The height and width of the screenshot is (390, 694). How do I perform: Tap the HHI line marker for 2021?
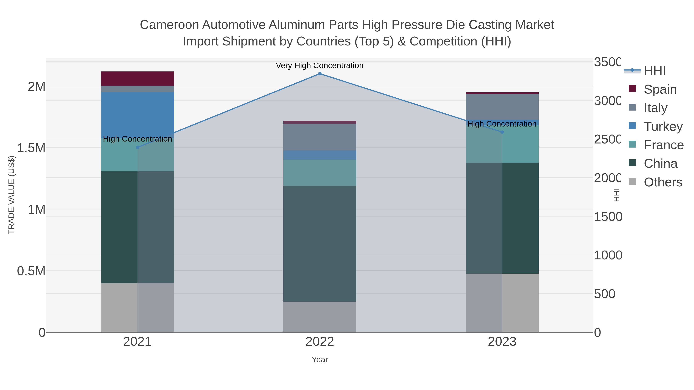click(137, 148)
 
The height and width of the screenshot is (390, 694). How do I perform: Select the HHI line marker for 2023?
click(502, 132)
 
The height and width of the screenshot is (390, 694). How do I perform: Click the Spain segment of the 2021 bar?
click(137, 79)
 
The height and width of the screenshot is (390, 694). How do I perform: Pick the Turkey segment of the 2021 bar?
click(137, 114)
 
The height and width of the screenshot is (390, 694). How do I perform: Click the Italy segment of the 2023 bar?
click(502, 107)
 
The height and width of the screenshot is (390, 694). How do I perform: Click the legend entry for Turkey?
click(663, 127)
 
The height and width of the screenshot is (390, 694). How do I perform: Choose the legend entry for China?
click(660, 164)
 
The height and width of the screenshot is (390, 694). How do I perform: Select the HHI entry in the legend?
click(655, 71)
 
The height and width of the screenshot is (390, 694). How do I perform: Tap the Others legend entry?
click(663, 182)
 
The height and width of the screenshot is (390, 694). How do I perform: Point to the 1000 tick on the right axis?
click(608, 255)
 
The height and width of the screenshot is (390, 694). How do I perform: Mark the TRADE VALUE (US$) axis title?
click(11, 195)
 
